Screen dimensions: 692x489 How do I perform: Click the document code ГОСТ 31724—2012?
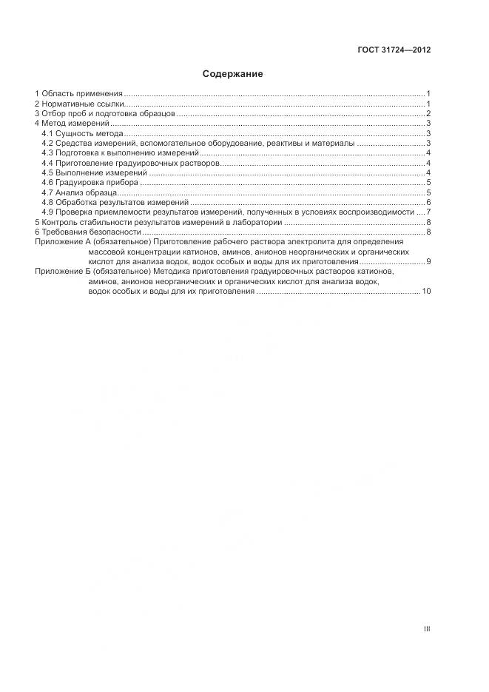click(x=394, y=51)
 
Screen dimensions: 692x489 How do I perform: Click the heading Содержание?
click(x=233, y=74)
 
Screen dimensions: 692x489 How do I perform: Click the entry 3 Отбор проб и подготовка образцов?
click(x=105, y=113)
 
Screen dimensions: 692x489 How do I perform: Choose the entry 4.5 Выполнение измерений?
click(x=94, y=172)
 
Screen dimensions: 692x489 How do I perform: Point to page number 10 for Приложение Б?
click(x=426, y=292)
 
